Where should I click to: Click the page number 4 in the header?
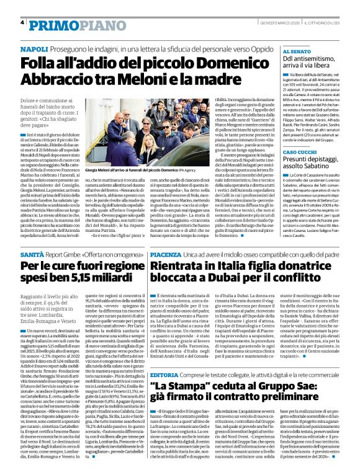pos(22,22)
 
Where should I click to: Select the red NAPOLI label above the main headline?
pos(34,48)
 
